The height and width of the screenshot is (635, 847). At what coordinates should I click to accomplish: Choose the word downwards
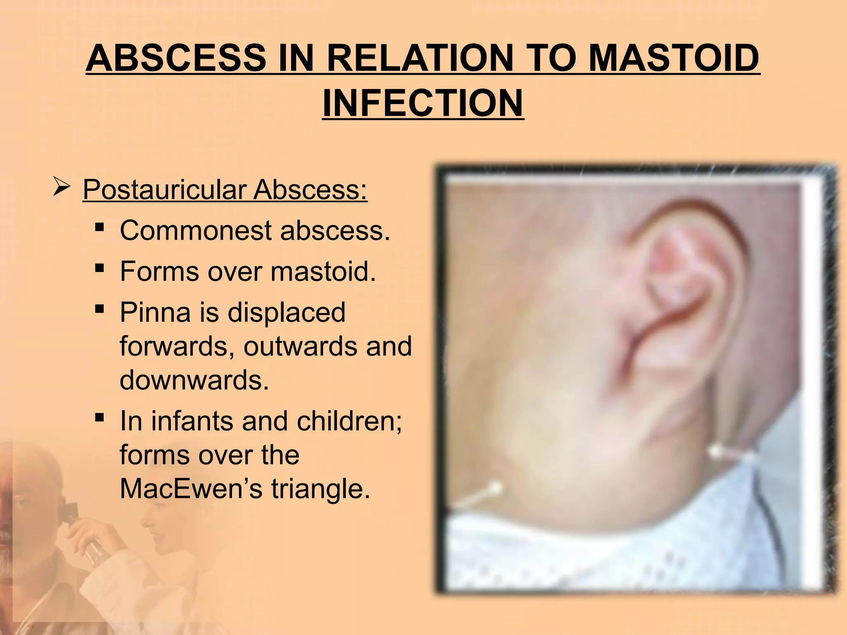pyautogui.click(x=194, y=380)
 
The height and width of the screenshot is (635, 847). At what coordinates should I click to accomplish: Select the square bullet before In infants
pyautogui.click(x=99, y=418)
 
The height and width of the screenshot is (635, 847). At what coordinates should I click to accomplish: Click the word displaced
pyautogui.click(x=286, y=312)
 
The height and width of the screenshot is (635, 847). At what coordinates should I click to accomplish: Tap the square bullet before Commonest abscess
pyautogui.click(x=99, y=228)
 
